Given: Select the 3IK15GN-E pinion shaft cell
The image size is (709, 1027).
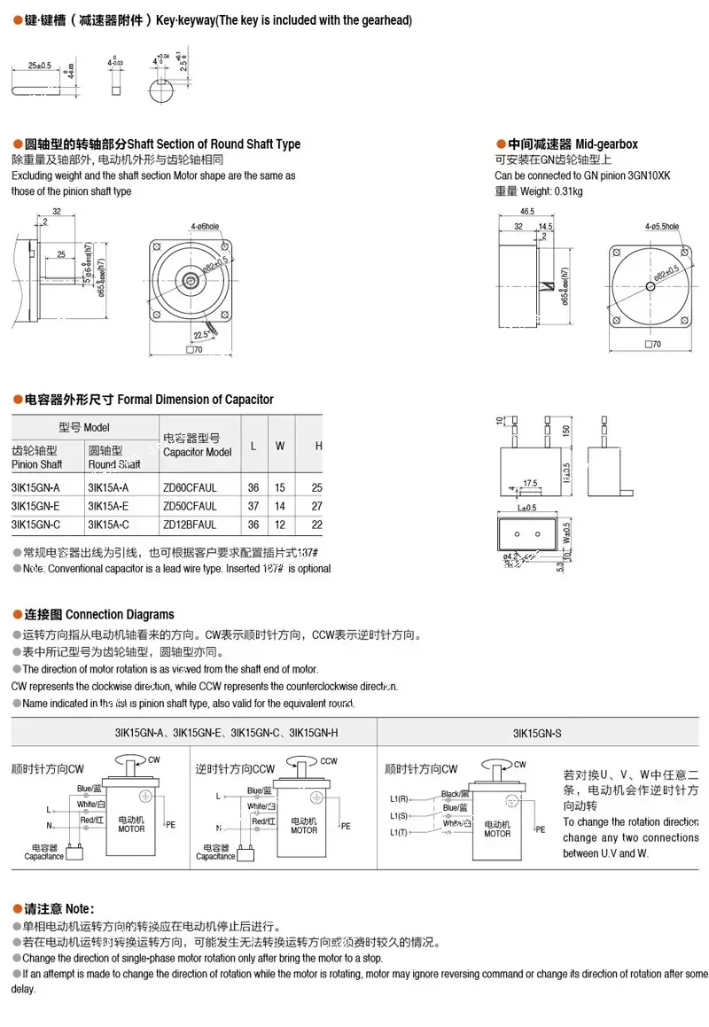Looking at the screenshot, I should (x=35, y=506).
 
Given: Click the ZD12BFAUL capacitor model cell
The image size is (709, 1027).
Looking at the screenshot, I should (x=190, y=525).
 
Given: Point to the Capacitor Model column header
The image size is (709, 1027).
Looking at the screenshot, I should (x=197, y=445).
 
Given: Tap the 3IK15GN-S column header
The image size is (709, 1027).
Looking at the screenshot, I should (x=537, y=733).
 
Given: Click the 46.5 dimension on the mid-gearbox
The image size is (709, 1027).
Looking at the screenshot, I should (x=527, y=212).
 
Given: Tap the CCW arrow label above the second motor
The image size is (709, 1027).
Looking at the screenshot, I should (x=329, y=760).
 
